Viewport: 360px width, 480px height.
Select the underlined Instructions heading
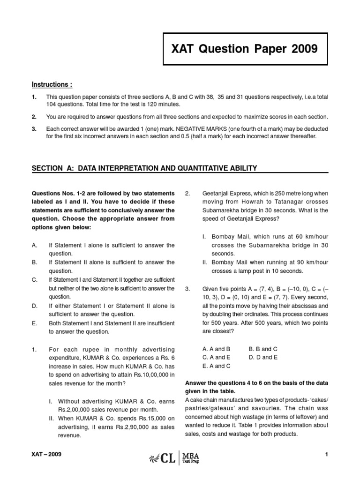52,85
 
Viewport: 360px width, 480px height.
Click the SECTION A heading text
144,168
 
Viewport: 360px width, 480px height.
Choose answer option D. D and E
263,357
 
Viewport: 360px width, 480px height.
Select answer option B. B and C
263,348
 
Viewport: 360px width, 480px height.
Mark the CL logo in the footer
162,458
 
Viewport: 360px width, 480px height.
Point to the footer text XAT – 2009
46,455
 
